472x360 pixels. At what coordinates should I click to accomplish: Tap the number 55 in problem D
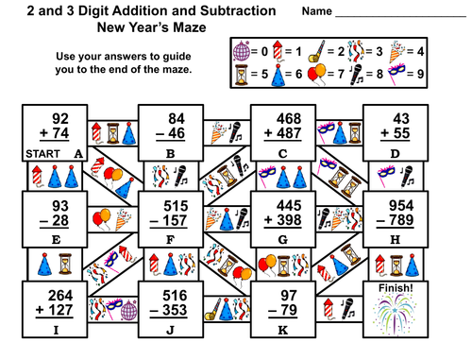407,134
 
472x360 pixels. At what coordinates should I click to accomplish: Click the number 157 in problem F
178,221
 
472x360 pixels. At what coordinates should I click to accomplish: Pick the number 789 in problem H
406,221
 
